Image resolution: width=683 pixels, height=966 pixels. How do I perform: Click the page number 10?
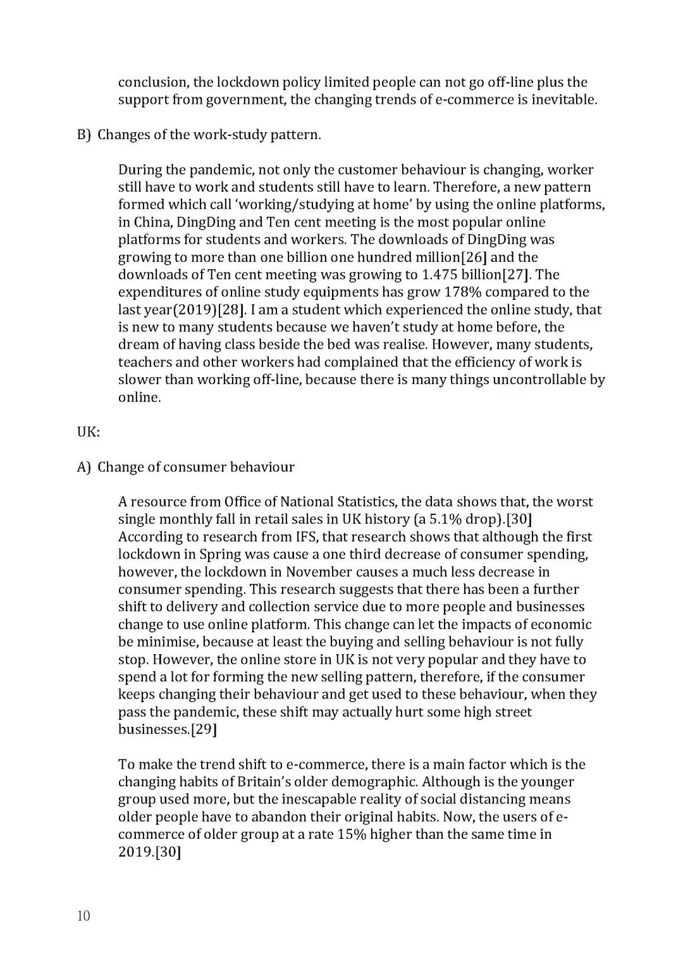[x=83, y=915]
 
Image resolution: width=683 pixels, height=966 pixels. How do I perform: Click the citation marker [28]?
[x=231, y=310]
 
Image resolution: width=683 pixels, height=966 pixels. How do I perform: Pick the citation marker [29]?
[x=204, y=729]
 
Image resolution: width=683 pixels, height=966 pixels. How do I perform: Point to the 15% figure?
[x=352, y=834]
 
